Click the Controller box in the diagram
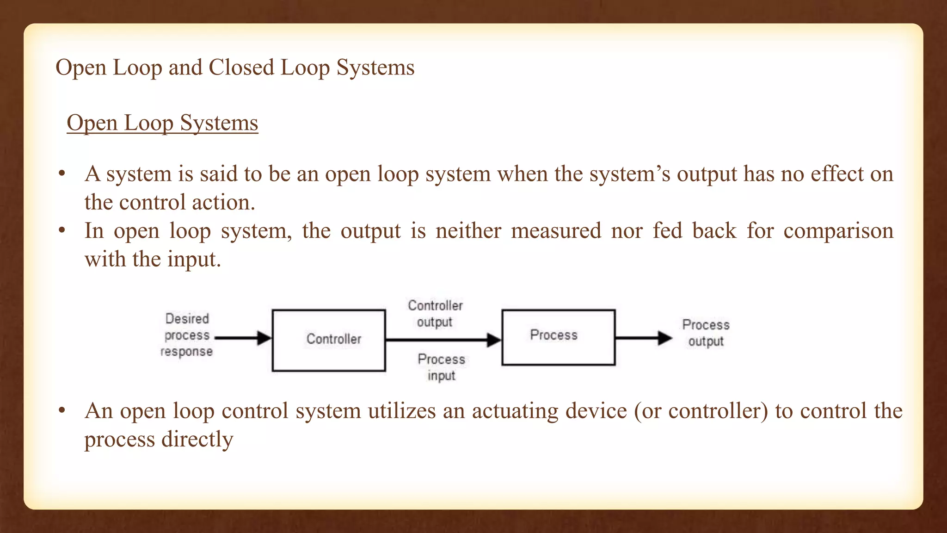329,340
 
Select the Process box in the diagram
558,337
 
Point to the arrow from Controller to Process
443,340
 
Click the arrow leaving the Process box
643,338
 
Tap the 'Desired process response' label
187,335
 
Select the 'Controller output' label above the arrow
435,314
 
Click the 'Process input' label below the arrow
441,367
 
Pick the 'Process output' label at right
706,333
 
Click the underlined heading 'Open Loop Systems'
162,123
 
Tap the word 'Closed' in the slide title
241,68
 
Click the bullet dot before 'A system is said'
62,174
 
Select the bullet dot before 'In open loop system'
62,231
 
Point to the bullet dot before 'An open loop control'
62,411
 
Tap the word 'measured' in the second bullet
556,231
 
